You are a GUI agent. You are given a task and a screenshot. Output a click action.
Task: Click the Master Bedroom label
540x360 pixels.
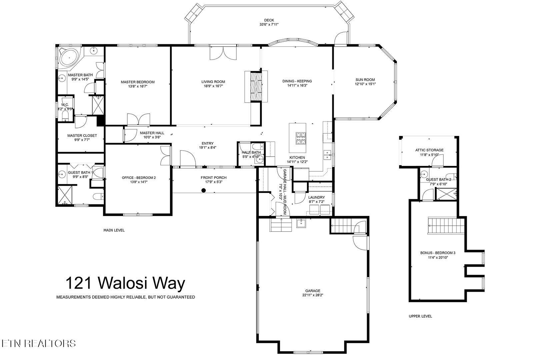[x=138, y=82]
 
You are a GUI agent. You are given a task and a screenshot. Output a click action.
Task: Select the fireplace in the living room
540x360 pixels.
[x=256, y=86]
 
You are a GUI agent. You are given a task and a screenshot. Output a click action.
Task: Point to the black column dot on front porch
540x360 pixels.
[x=203, y=191]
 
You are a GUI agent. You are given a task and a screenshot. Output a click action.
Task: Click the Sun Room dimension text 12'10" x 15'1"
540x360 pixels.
[x=365, y=84]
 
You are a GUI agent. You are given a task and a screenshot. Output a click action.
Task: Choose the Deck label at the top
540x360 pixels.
[x=269, y=20]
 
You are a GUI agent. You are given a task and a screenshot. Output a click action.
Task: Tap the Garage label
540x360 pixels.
[x=312, y=291]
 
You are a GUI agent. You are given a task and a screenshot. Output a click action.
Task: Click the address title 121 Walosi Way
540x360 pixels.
[x=125, y=284]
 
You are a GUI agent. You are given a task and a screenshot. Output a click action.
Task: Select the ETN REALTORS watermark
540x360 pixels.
[x=38, y=343]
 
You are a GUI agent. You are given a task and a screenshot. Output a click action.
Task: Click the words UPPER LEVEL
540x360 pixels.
[x=420, y=316]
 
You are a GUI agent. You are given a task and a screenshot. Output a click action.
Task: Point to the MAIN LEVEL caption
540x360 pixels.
[x=114, y=230]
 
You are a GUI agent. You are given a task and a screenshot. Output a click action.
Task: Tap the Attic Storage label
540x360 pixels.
[x=429, y=150]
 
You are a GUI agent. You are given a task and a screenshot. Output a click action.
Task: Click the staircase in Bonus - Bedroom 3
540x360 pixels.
[x=446, y=226]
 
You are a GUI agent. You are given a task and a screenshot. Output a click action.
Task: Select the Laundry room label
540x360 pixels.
[x=316, y=197]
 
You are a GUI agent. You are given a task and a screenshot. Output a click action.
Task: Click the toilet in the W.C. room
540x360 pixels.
[x=65, y=116]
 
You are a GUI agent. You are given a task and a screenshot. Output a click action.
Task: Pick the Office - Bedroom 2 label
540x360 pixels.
[x=139, y=178]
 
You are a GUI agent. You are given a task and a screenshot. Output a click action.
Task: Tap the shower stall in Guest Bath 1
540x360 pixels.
[x=65, y=195]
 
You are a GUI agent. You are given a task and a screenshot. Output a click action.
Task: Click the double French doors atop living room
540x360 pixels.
[x=223, y=53]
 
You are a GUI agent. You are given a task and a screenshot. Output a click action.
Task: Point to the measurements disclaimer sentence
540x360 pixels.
[x=125, y=297]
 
